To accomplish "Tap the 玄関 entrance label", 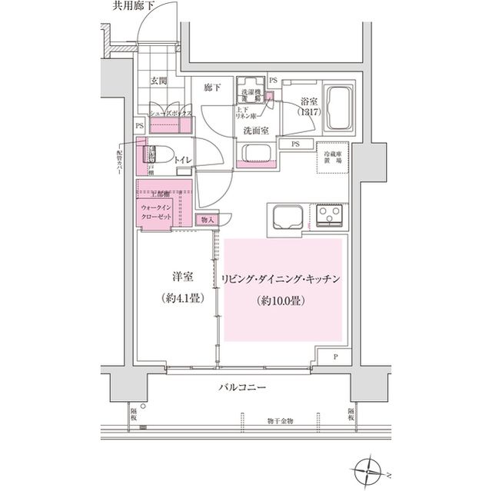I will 158,79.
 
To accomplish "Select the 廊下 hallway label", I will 212,88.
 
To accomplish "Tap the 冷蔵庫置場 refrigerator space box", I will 332,159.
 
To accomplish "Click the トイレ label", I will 183,159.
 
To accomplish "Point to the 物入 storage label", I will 208,220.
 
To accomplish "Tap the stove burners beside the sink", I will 331,216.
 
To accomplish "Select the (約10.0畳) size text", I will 280,300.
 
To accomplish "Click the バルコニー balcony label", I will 241,389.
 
